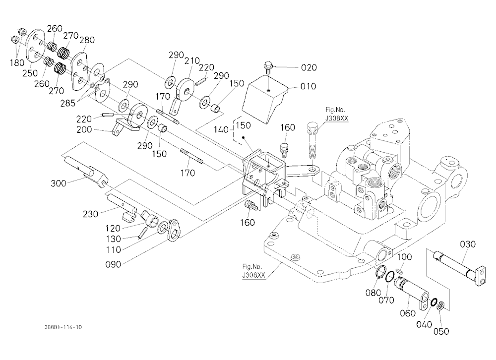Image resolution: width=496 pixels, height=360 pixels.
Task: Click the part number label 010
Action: [308, 86]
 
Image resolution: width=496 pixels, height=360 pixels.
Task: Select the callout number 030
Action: [468, 244]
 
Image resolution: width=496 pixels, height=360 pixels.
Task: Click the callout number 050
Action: [441, 331]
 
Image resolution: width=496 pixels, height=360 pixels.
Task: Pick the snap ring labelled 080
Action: [381, 272]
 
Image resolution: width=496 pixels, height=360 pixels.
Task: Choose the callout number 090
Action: [113, 264]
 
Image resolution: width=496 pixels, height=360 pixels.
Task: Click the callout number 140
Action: [221, 130]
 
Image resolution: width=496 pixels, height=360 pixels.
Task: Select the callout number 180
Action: [17, 62]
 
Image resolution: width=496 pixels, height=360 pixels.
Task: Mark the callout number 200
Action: [84, 129]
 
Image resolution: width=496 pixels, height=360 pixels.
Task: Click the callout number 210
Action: [192, 60]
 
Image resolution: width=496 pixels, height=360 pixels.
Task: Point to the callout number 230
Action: [90, 214]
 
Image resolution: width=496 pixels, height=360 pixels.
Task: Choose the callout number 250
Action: [30, 73]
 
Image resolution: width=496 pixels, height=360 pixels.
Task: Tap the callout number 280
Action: [87, 40]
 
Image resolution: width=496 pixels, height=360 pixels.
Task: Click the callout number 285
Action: [67, 103]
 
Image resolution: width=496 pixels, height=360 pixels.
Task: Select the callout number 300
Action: [59, 183]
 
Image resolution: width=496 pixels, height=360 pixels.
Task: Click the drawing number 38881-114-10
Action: [63, 327]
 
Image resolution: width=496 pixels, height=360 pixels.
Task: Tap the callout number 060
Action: [408, 313]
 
